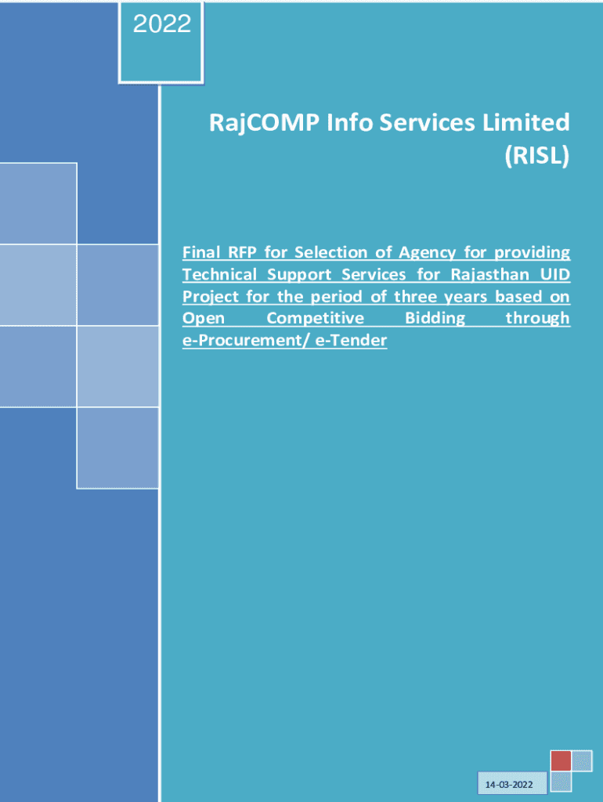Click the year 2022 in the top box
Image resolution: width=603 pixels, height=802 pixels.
click(162, 24)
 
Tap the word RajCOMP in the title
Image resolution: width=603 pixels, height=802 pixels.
click(265, 124)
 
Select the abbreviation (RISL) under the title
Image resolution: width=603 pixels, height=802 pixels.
click(536, 156)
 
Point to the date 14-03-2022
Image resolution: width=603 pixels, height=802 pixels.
click(509, 785)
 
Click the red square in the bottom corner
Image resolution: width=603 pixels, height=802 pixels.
click(561, 760)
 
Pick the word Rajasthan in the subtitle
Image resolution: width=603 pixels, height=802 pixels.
click(489, 275)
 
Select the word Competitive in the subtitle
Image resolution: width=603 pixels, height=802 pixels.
click(315, 319)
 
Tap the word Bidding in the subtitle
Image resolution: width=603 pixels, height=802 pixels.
click(435, 319)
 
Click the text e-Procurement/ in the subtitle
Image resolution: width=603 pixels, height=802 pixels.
click(246, 341)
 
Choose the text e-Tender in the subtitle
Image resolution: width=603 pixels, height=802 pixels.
click(351, 340)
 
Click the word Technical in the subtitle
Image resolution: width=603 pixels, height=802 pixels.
click(219, 275)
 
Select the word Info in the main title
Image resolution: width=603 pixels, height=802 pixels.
click(349, 123)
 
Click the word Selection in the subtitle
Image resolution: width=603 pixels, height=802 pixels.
click(331, 252)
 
